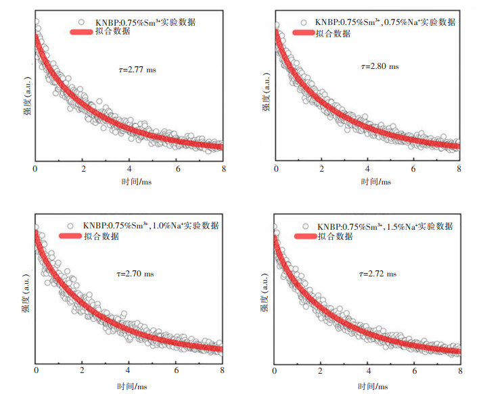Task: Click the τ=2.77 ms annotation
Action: pyautogui.click(x=137, y=69)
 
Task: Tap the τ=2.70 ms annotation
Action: pyautogui.click(x=135, y=274)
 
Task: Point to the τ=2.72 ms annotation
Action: pyautogui.click(x=377, y=274)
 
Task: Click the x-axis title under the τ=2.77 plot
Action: pyautogui.click(x=129, y=182)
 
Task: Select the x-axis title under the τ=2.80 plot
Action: pyautogui.click(x=369, y=182)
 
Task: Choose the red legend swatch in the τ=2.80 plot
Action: pyautogui.click(x=306, y=32)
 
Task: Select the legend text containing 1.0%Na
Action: pyautogui.click(x=151, y=225)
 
